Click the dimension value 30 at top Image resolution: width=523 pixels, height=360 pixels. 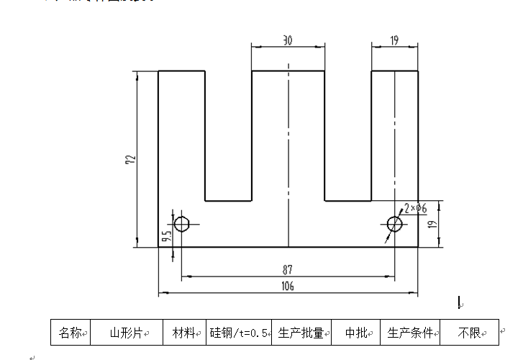(x=288, y=41)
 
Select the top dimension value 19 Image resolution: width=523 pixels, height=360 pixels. (x=394, y=41)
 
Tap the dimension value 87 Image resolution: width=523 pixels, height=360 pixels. (x=288, y=269)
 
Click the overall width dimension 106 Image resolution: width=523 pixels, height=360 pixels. (x=288, y=287)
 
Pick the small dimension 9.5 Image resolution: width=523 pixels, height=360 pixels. (x=165, y=235)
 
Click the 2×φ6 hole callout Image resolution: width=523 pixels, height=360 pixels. (x=416, y=208)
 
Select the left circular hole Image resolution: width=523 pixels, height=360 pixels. (x=182, y=223)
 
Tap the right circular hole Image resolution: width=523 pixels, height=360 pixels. (x=394, y=224)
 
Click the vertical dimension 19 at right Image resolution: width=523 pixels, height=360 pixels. (x=433, y=224)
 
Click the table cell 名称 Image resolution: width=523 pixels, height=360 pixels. (x=70, y=333)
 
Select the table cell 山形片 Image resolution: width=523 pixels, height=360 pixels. (x=127, y=333)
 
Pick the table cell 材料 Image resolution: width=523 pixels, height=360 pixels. (x=184, y=333)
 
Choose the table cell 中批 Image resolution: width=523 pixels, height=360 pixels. (x=356, y=333)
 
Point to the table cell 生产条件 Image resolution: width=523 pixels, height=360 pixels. (x=410, y=333)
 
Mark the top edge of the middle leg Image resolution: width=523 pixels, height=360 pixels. (x=288, y=71)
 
